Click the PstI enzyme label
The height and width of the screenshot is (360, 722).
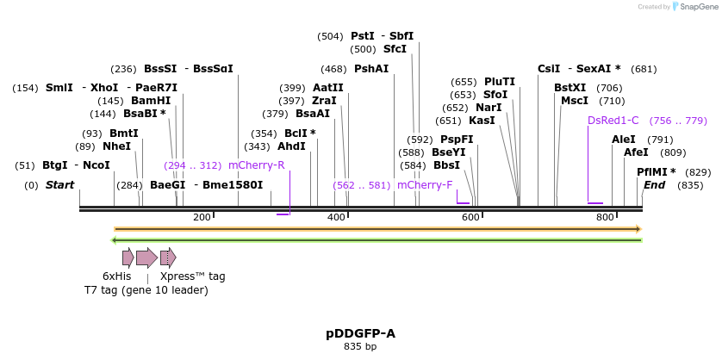pos(362,36)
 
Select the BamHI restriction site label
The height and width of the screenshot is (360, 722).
pos(151,101)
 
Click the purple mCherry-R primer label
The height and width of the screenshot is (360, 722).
pos(256,165)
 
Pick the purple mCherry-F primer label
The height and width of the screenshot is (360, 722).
pos(424,184)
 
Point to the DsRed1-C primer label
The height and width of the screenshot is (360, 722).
pos(613,121)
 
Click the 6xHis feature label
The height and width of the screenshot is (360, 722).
pos(116,276)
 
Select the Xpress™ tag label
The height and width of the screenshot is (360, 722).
pos(192,276)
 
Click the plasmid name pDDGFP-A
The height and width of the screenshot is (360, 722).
pos(360,333)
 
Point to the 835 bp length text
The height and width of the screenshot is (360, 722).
pos(360,347)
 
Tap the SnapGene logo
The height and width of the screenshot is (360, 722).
pos(695,7)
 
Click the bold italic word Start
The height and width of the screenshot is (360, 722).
pos(59,185)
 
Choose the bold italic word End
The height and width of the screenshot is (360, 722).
pos(654,185)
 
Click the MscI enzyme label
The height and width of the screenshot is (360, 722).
pos(574,101)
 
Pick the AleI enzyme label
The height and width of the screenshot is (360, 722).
pos(623,140)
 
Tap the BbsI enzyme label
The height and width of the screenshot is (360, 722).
pos(446,165)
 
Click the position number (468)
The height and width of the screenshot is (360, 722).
pos(333,69)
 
